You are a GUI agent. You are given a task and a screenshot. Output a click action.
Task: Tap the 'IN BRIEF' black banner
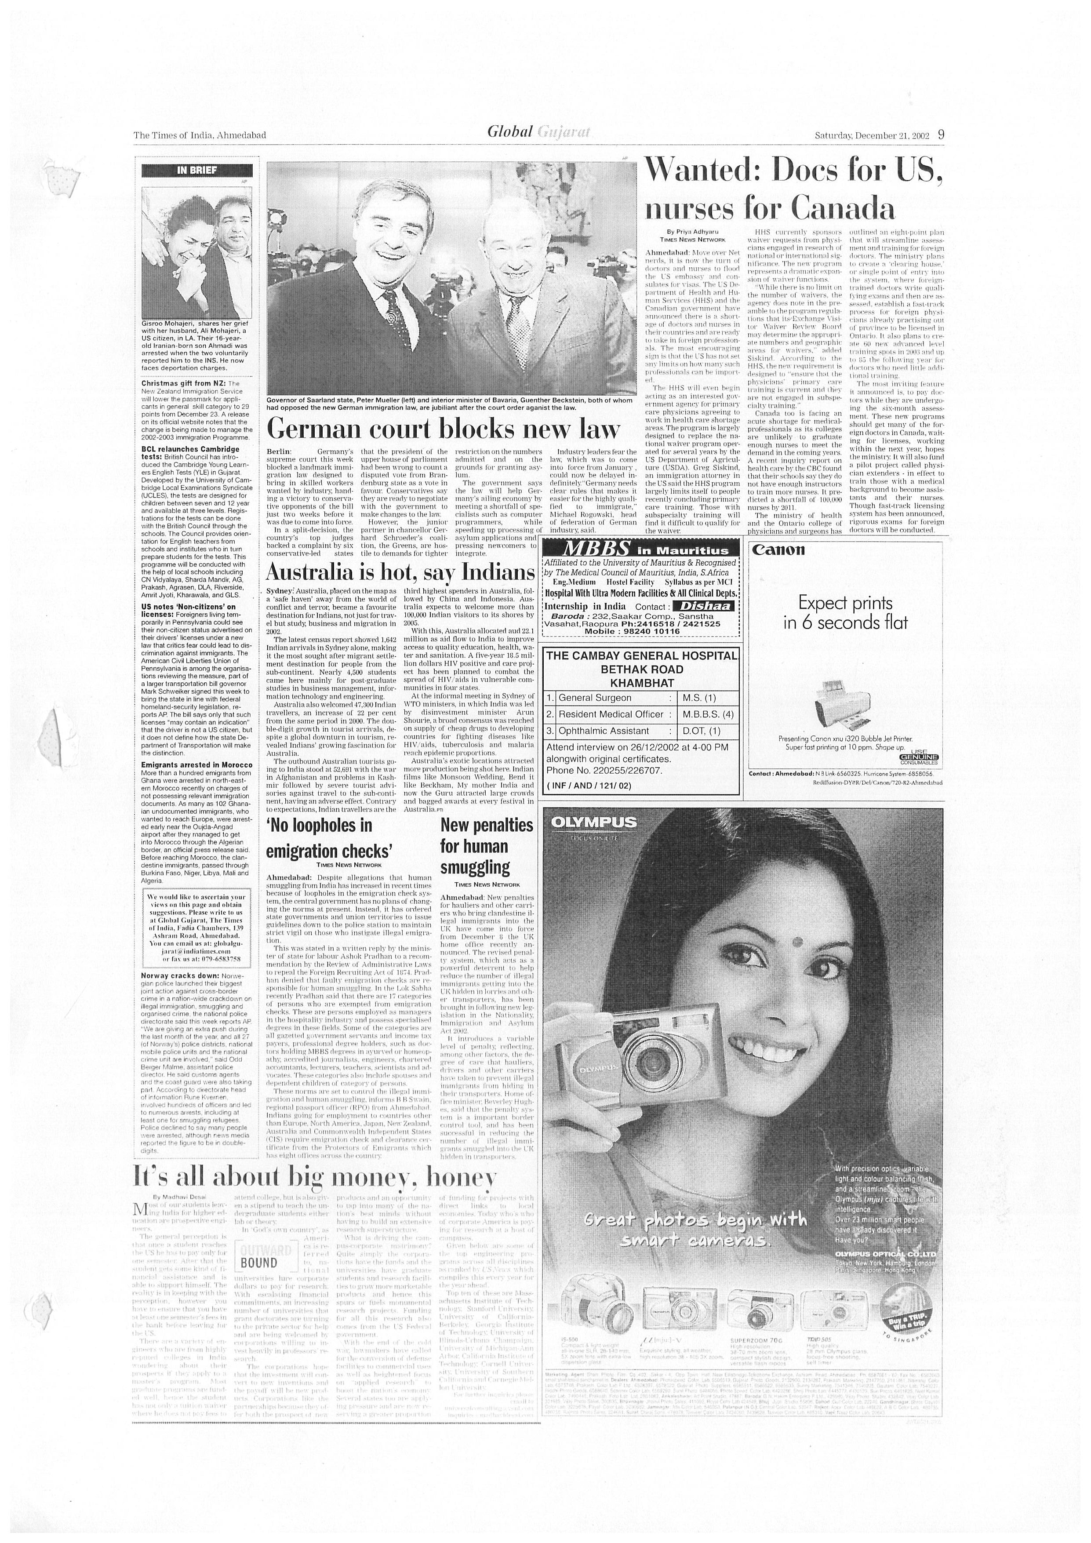197,170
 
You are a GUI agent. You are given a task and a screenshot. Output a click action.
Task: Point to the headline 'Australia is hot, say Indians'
400,572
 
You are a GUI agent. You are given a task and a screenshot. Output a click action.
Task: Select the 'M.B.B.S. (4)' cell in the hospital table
708,714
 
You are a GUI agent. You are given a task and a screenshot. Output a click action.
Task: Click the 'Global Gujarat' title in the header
539,132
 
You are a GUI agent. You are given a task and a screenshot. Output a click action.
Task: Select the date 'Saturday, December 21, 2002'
871,135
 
